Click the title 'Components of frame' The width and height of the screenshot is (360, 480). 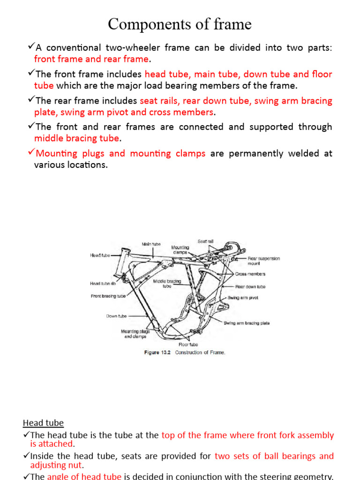(x=180, y=24)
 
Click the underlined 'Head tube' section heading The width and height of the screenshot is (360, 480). (x=43, y=423)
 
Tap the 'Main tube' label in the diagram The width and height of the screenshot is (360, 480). (x=151, y=244)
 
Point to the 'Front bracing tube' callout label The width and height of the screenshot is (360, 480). (x=108, y=296)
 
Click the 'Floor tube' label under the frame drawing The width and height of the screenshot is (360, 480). (x=188, y=344)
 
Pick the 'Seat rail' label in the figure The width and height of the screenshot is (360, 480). (x=205, y=241)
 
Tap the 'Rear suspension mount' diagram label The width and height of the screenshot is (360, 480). (x=263, y=261)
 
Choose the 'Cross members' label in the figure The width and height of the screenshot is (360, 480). (x=250, y=274)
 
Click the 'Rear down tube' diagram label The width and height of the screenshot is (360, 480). (x=250, y=286)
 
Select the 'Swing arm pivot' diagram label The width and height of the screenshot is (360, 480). (x=243, y=298)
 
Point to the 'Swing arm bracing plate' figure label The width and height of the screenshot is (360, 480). (x=247, y=323)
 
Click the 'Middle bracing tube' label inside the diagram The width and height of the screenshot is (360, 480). (x=167, y=284)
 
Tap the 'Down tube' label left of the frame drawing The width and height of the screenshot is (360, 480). (x=116, y=316)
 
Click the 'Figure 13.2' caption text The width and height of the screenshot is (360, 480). (x=158, y=353)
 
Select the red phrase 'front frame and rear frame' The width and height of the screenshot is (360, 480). (x=91, y=59)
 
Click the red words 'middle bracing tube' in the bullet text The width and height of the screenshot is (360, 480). (x=77, y=138)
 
